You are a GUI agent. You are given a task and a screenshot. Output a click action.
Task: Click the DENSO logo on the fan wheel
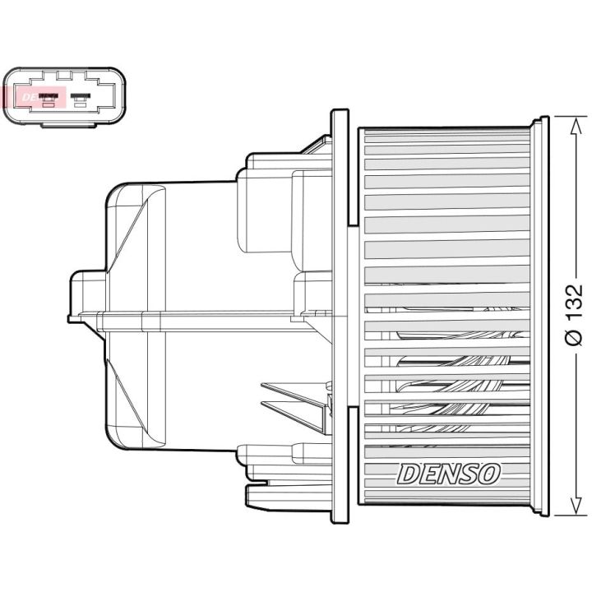click(448, 474)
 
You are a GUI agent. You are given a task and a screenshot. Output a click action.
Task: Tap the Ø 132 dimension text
click(575, 316)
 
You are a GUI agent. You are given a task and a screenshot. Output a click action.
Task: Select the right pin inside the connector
click(80, 99)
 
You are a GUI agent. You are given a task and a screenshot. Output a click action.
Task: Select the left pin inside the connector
click(49, 99)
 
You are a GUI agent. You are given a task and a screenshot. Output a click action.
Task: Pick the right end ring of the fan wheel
click(540, 317)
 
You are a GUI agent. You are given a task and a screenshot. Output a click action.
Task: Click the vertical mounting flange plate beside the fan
click(340, 317)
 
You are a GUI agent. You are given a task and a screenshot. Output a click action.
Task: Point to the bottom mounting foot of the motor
click(271, 493)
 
